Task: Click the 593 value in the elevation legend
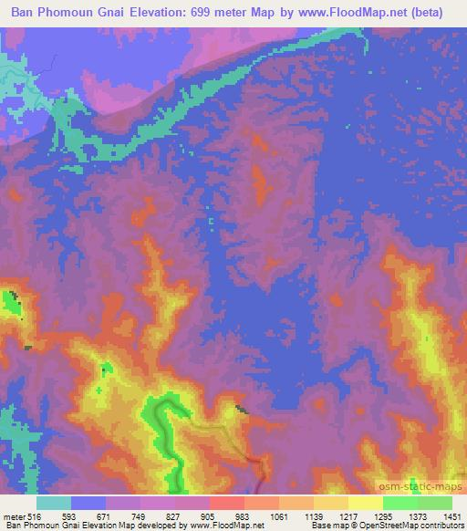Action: pos(69,515)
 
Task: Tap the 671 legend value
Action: pos(105,515)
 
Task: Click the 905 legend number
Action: pos(209,515)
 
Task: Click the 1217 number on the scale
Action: pos(347,515)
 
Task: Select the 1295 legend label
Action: pos(381,515)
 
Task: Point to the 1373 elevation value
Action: pos(416,515)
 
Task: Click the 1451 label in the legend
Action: pos(451,515)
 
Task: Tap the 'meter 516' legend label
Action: pos(19,515)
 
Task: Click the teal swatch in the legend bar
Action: pos(54,503)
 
